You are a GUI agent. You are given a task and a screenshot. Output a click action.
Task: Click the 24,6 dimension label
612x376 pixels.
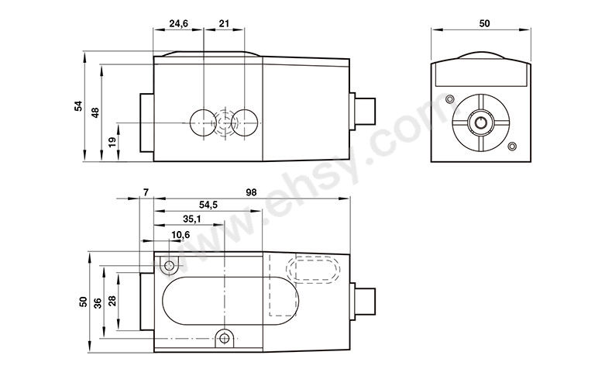[178, 23]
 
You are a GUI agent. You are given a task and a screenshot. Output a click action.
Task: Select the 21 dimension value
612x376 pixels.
[224, 23]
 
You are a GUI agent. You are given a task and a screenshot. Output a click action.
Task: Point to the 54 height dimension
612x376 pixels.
[79, 105]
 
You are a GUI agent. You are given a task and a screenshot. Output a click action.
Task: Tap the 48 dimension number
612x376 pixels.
[95, 112]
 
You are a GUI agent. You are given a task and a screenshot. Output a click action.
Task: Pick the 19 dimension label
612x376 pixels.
[112, 142]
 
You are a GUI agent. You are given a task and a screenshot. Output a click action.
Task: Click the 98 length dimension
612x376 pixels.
[252, 192]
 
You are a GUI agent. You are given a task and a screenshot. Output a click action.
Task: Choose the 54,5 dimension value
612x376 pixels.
[208, 205]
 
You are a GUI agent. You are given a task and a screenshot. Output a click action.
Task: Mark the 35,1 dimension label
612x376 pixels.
[192, 219]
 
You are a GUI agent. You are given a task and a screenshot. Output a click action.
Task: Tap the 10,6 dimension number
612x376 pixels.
[181, 234]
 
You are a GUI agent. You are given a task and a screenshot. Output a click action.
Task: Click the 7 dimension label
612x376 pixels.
[146, 192]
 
